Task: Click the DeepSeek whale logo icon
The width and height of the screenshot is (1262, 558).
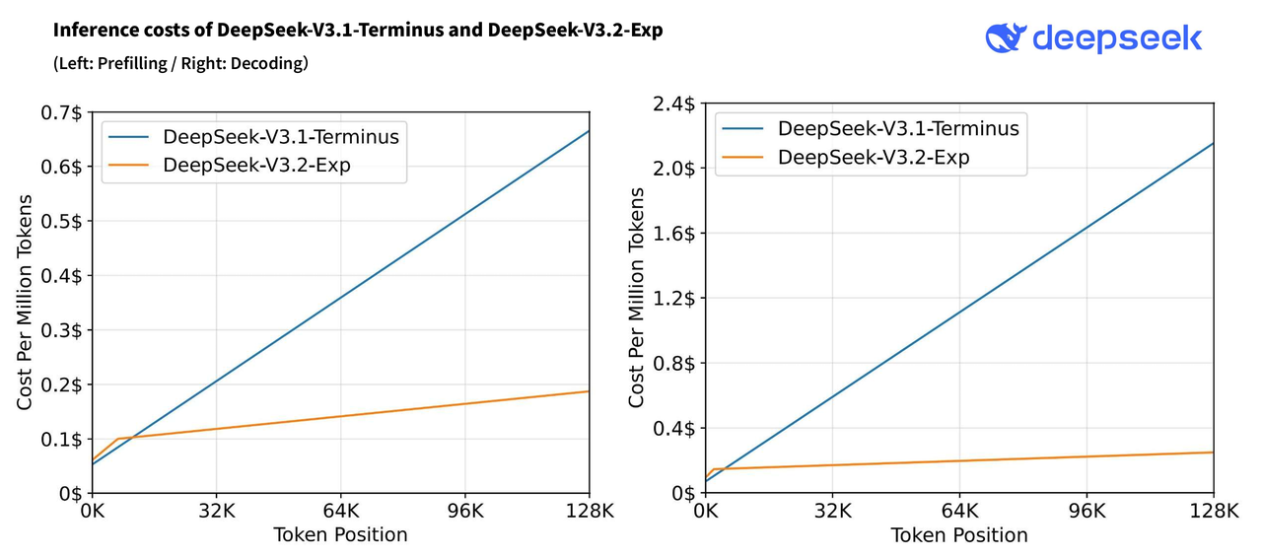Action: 1006,37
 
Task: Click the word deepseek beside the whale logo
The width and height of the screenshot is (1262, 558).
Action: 1117,38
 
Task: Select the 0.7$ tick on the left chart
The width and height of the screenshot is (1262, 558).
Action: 60,112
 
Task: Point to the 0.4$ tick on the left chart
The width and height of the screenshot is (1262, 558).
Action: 60,275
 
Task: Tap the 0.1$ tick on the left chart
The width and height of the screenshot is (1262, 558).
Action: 60,439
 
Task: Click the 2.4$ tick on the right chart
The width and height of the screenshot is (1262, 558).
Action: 673,104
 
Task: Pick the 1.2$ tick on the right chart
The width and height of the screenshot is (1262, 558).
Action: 673,298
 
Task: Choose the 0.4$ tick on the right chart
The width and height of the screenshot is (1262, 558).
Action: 673,428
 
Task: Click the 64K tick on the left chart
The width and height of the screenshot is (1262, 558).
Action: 340,512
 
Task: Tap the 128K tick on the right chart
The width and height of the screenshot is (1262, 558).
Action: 1213,512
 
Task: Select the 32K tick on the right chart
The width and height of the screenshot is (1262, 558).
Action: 832,512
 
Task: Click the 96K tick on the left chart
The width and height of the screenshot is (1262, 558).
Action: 464,512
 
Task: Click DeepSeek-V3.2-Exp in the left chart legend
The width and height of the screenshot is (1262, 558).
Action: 256,165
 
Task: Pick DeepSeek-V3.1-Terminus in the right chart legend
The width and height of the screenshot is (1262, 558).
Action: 897,128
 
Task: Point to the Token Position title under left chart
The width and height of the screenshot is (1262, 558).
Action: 340,535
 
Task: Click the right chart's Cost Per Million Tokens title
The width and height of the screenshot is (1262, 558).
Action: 637,300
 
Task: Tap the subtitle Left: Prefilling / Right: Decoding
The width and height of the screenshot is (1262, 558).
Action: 180,64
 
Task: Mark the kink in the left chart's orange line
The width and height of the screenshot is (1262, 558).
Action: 117,439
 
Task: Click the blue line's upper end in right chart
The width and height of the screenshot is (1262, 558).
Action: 1212,144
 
